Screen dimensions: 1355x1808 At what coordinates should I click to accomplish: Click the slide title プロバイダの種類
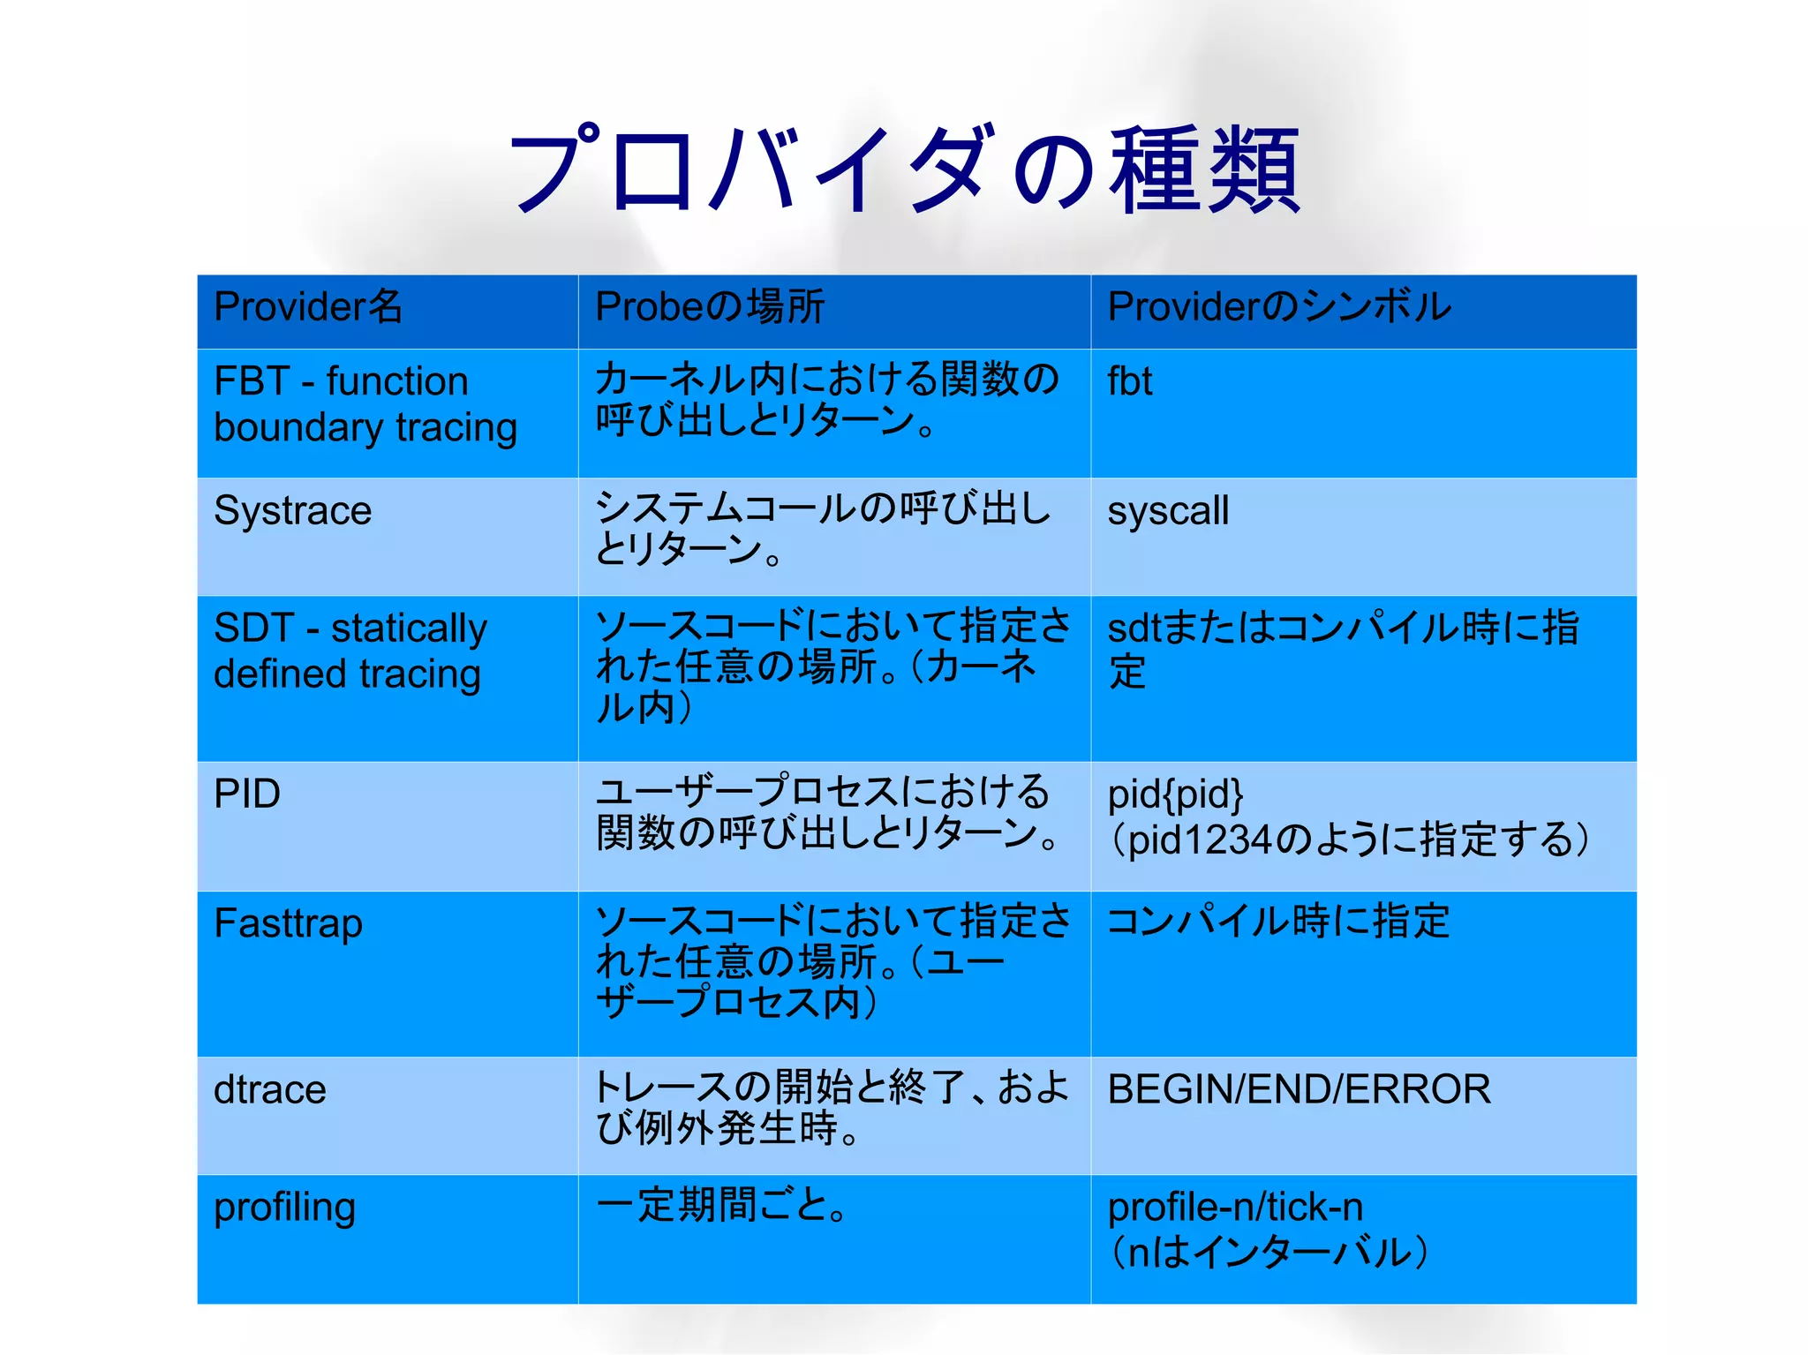point(904,169)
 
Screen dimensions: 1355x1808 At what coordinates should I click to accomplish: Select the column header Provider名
point(308,307)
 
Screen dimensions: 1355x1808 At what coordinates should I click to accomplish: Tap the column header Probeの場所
point(709,307)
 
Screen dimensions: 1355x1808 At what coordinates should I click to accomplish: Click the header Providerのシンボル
point(1279,307)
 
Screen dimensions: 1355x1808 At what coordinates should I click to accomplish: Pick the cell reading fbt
point(1130,381)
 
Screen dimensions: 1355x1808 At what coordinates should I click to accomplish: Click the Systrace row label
point(292,511)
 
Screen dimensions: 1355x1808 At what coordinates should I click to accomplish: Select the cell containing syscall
point(1167,511)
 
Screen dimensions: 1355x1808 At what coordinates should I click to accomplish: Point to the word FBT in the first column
point(252,381)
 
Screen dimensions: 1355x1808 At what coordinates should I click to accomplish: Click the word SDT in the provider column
point(253,628)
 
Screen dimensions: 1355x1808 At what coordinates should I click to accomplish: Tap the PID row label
point(247,794)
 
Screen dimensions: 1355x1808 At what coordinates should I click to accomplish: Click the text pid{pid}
point(1175,794)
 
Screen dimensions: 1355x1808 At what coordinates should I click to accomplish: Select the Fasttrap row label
point(288,924)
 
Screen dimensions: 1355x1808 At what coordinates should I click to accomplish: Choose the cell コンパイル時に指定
point(1278,922)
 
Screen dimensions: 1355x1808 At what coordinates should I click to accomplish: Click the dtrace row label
point(270,1089)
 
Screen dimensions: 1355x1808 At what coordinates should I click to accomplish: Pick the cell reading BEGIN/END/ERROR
point(1299,1089)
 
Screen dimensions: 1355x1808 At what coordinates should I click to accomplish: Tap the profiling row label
point(284,1208)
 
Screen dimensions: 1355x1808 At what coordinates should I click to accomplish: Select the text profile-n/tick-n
point(1235,1207)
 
